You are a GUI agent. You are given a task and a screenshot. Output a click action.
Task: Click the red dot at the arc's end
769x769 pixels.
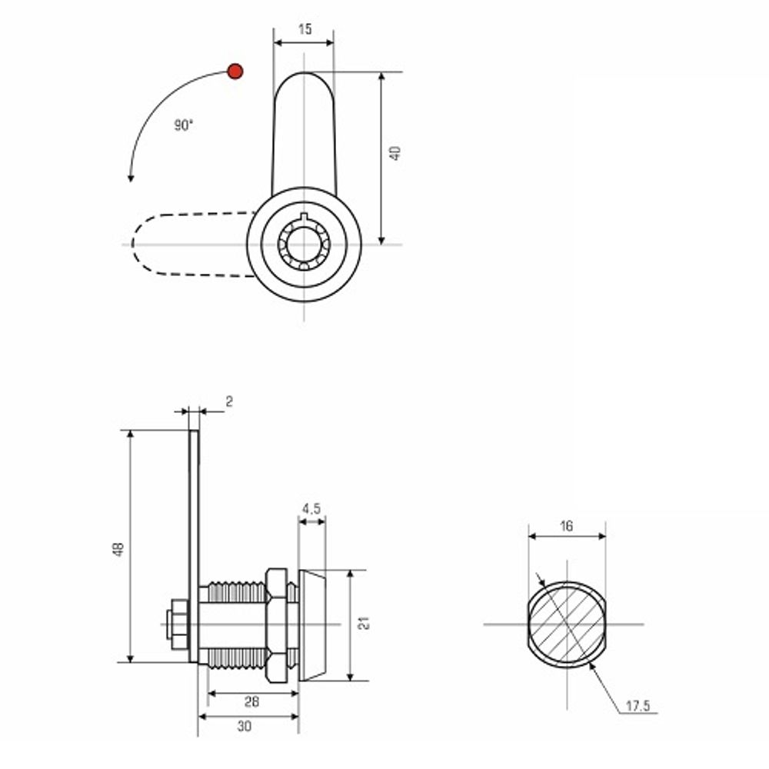point(235,72)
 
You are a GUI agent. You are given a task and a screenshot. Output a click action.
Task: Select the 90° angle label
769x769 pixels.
point(184,125)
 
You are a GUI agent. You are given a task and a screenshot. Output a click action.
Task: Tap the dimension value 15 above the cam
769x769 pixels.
point(305,29)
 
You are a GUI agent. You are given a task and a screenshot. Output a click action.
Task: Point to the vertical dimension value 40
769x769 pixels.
point(395,153)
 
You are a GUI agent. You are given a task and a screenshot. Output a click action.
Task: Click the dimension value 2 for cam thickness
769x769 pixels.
point(229,401)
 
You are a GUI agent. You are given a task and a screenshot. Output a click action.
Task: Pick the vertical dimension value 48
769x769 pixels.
point(118,549)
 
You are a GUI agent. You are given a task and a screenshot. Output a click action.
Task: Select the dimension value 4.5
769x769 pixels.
point(311,509)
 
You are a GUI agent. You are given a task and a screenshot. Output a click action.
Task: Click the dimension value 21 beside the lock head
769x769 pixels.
point(364,624)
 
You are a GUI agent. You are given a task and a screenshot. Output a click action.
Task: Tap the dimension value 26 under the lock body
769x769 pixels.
point(251,702)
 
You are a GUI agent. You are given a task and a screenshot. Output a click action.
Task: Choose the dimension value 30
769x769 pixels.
point(245,727)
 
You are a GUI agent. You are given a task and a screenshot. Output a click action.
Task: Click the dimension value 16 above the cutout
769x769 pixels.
point(567,526)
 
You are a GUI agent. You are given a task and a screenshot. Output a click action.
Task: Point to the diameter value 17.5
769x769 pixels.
point(638,706)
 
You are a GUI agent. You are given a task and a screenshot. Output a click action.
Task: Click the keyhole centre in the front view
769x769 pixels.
point(304,245)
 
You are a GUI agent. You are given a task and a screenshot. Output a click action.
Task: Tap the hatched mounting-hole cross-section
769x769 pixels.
point(567,624)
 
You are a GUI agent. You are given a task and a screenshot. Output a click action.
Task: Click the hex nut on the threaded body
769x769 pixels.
point(277,625)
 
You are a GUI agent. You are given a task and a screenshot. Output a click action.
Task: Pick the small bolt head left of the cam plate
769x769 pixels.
point(177,624)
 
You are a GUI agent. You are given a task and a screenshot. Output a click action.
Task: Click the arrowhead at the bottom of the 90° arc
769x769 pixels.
point(131,178)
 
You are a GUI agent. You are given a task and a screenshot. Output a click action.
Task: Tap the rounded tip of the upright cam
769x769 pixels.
point(304,78)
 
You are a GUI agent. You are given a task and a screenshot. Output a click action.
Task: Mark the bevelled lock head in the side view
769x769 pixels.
point(312,625)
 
